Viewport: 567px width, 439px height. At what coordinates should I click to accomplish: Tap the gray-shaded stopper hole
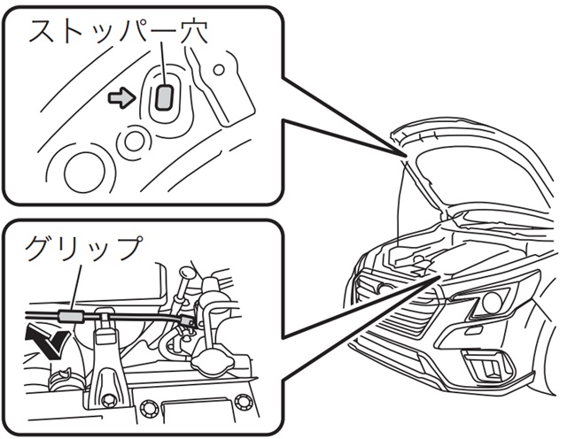pos(164,96)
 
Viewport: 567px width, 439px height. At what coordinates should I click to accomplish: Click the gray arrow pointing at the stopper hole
pos(120,97)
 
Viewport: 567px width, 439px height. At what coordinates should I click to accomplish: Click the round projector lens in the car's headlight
pos(490,304)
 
